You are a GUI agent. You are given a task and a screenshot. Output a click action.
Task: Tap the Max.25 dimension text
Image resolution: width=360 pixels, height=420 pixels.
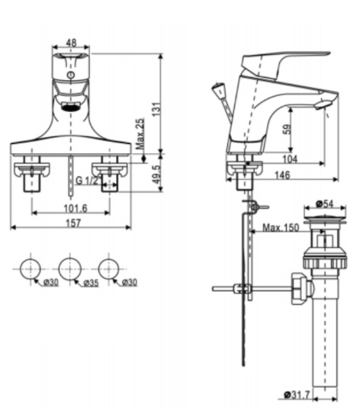click(x=140, y=134)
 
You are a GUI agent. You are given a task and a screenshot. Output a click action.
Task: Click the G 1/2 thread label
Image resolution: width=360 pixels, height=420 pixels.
click(x=87, y=181)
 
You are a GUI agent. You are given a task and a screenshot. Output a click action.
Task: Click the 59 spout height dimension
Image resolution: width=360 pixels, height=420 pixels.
click(x=288, y=129)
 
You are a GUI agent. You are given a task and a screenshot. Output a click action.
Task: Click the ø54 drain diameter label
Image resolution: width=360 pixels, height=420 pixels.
click(x=326, y=204)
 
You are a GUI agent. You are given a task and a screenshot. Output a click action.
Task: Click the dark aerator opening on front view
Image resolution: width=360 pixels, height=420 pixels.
click(x=69, y=105)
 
